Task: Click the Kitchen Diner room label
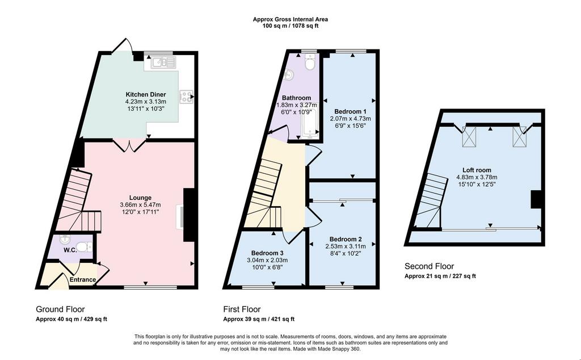146,94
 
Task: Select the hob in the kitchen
186,97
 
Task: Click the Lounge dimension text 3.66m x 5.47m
141,204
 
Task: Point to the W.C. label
70,250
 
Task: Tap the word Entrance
83,279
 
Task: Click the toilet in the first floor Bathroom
310,61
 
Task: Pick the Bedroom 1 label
351,112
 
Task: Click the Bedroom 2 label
346,239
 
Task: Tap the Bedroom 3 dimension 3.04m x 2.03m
267,260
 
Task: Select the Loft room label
477,170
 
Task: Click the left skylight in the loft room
469,137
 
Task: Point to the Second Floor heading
429,266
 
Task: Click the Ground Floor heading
60,309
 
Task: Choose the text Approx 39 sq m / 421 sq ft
259,319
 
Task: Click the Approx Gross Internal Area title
290,19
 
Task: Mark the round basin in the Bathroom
289,76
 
